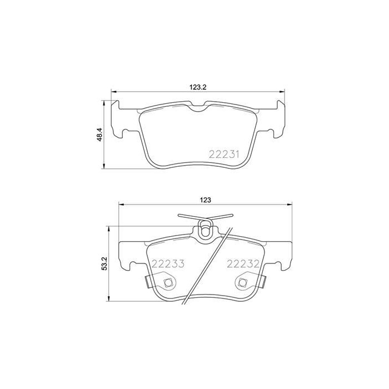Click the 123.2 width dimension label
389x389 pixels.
coord(198,87)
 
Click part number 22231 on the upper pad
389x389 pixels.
coord(223,154)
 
